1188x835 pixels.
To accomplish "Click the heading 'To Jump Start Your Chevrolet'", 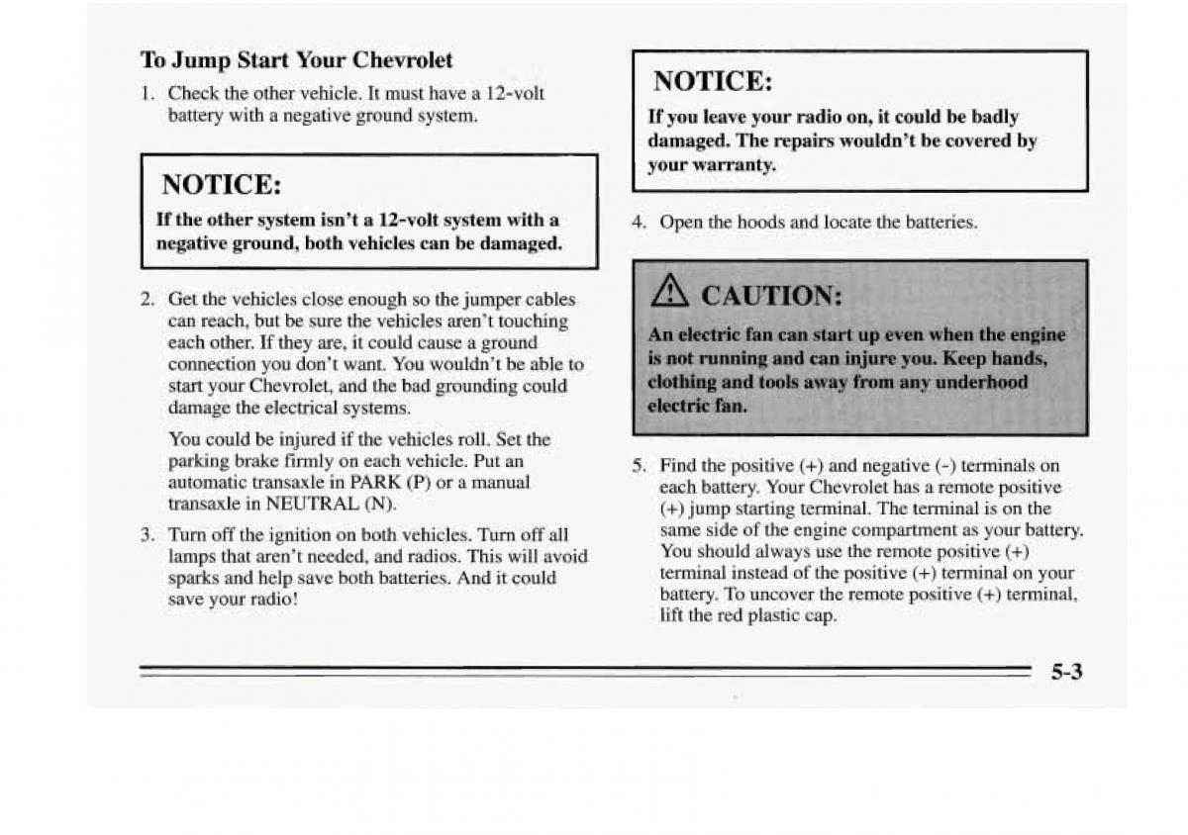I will tap(296, 60).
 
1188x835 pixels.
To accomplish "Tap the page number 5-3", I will tap(1065, 673).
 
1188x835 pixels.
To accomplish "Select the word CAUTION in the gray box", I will tap(769, 296).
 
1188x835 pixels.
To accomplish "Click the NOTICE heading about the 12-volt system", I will tap(222, 185).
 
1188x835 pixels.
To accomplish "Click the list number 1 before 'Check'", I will tap(146, 94).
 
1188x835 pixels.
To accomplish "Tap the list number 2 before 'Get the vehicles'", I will tap(147, 299).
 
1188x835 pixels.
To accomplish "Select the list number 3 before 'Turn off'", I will tap(147, 535).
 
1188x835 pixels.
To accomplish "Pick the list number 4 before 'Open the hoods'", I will tap(638, 223).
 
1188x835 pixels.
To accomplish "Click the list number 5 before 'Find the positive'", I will tap(639, 466).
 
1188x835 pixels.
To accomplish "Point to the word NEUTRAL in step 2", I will tap(314, 504).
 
